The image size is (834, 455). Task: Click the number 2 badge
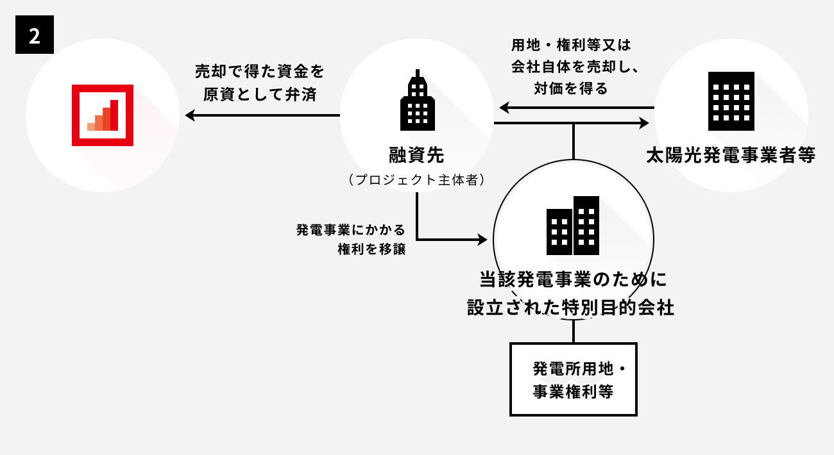point(34,36)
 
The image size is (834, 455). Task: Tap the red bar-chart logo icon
point(103,115)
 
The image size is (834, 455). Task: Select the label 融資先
point(416,154)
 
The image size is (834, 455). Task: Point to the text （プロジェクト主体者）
point(416,180)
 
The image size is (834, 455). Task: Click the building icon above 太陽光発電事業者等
point(731,101)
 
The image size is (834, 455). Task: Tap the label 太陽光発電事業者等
point(731,155)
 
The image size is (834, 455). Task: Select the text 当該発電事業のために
point(574,279)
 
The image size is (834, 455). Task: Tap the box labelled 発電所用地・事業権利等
point(574,379)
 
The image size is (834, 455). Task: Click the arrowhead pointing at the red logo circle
point(190,115)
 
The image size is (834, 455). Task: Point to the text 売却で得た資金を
point(260,70)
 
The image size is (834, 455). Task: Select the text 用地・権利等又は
point(572,45)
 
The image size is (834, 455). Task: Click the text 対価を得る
point(570,88)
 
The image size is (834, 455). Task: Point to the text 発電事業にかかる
point(351,229)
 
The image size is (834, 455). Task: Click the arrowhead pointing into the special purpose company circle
point(482,240)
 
